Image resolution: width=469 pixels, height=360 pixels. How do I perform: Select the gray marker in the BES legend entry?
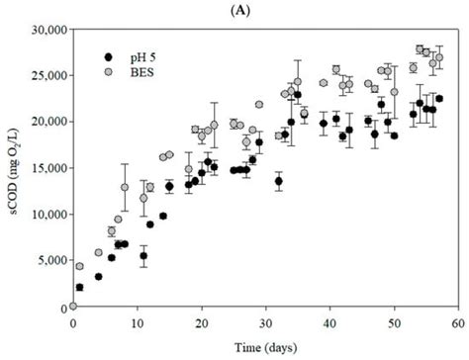(108, 72)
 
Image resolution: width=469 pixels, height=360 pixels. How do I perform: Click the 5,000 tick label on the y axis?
(48, 261)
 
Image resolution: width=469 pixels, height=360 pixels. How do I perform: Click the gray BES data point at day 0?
(73, 306)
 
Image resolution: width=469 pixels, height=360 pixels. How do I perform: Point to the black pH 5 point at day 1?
(79, 287)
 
